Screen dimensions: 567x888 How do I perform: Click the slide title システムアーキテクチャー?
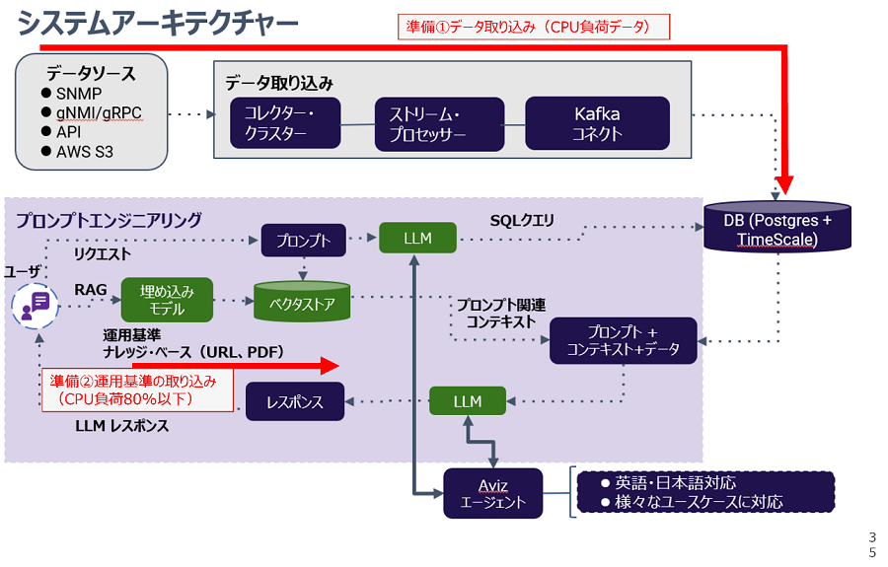(158, 24)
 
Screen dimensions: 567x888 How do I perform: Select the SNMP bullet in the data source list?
(79, 94)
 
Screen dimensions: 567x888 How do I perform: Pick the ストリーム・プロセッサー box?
(426, 124)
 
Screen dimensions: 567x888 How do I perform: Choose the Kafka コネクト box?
(597, 124)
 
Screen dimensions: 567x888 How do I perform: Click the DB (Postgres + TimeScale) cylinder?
(777, 229)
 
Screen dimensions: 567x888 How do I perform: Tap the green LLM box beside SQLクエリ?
(418, 238)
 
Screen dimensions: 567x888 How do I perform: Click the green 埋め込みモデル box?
(167, 300)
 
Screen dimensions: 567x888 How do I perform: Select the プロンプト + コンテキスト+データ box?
(624, 340)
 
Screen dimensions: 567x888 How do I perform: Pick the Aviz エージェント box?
(492, 492)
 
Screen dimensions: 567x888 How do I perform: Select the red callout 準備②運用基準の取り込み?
(136, 390)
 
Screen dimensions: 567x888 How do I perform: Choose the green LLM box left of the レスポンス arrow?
(468, 401)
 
